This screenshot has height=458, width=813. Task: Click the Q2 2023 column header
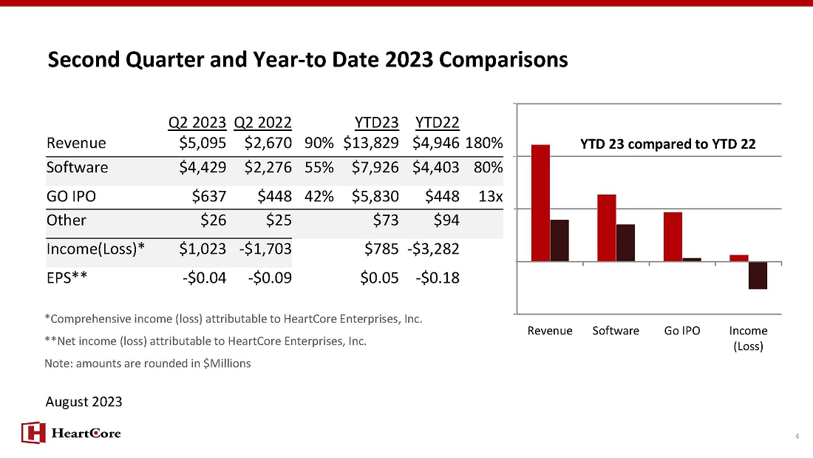point(197,123)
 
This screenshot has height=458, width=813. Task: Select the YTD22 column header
point(437,123)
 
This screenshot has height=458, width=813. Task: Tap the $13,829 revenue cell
point(371,143)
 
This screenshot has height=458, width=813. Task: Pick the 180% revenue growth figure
point(484,143)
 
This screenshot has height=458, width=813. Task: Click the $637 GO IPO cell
point(209,196)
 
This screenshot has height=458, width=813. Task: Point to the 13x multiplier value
point(491,196)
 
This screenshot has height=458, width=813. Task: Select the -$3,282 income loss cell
point(433,249)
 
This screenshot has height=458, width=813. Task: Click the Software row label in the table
point(78,167)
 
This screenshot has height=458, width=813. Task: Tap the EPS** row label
point(67,277)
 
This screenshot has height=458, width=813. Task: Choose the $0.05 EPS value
point(379,277)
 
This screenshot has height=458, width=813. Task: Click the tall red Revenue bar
point(540,203)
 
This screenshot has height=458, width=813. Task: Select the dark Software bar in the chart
point(625,243)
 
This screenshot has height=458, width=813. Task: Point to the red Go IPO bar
point(673,237)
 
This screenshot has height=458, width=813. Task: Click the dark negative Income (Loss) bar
point(758,275)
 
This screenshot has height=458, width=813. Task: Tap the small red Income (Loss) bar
point(739,258)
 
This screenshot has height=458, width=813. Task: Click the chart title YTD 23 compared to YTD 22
point(668,144)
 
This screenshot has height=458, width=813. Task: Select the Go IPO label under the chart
point(682,331)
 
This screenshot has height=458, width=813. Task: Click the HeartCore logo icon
point(33,433)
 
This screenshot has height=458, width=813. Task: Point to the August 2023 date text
point(84,402)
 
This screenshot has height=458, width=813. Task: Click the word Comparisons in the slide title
point(503,60)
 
